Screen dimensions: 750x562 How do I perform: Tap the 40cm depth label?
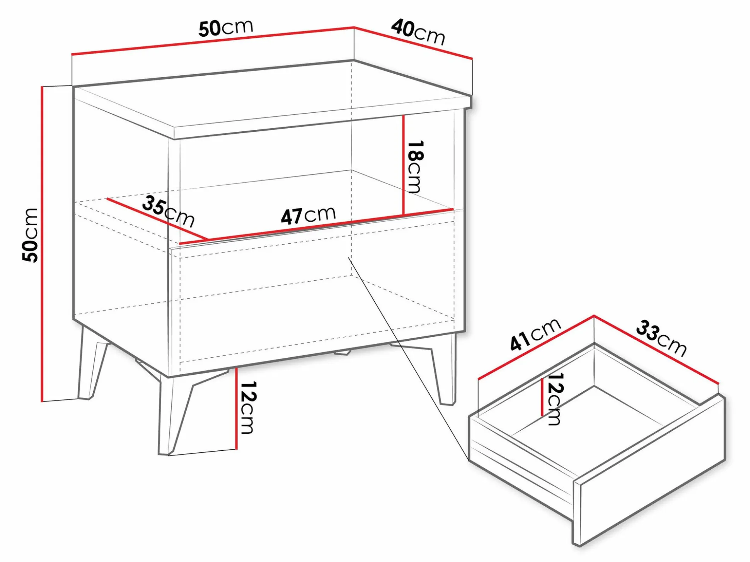[x=418, y=32]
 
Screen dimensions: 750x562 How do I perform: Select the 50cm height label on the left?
[x=30, y=235]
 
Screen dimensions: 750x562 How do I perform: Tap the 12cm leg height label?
[x=248, y=407]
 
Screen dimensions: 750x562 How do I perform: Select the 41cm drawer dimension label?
[x=535, y=334]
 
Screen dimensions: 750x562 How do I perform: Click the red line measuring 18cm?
[x=403, y=165]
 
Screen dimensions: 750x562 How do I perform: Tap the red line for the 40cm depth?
[x=413, y=43]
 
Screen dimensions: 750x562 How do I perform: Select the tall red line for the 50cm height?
[x=42, y=244]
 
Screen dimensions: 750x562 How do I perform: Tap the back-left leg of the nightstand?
[x=92, y=363]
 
